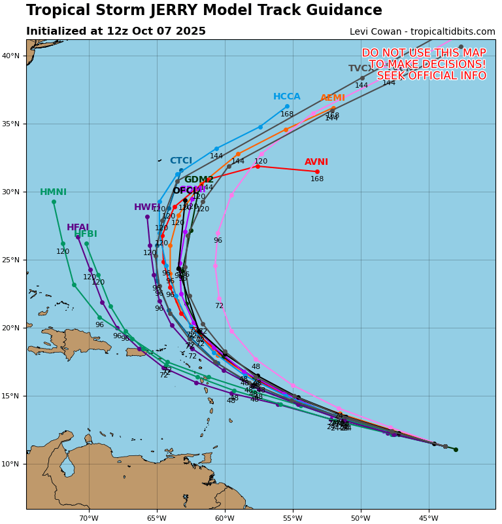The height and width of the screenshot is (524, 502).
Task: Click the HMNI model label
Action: click(53, 192)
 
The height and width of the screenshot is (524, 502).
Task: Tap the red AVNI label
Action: click(316, 162)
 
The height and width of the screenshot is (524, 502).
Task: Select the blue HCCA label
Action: click(286, 97)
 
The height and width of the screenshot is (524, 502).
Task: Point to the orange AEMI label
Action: click(333, 98)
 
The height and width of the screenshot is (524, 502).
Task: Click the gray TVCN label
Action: click(360, 69)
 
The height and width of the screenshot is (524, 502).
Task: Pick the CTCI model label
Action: click(181, 161)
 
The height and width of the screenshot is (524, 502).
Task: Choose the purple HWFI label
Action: click(146, 207)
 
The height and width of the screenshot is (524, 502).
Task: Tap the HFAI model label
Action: click(78, 228)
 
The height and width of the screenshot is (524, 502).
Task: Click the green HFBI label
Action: click(86, 234)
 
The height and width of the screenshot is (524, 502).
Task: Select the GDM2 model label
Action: click(199, 180)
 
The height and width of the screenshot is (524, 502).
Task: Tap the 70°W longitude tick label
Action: click(89, 519)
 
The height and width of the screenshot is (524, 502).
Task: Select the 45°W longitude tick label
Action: click(429, 519)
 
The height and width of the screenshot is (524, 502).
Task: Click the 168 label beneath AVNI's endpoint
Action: click(317, 179)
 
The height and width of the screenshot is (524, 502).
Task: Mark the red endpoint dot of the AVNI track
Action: click(317, 171)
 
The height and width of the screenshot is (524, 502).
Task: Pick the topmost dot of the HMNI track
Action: click(54, 201)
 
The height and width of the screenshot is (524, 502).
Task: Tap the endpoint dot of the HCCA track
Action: click(287, 106)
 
